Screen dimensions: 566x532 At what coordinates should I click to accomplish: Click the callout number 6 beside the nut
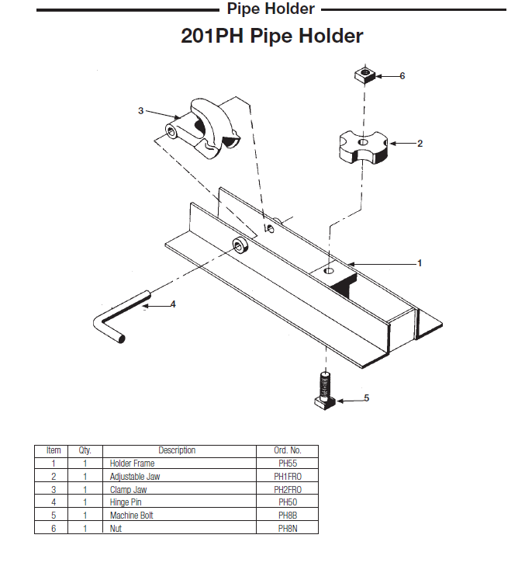(x=402, y=76)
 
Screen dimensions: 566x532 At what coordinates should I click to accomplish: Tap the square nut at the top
(x=364, y=75)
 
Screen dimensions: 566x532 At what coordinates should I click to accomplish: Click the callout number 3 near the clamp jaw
(x=141, y=111)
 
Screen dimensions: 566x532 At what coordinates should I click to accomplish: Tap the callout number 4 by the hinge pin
(x=173, y=304)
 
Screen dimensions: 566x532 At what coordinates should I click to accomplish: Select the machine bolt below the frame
(x=325, y=392)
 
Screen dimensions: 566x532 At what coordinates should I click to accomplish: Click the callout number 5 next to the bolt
(x=367, y=398)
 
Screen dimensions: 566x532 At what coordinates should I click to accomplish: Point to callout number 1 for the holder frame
(x=420, y=263)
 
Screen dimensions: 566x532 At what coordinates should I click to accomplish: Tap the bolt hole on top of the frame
(x=329, y=271)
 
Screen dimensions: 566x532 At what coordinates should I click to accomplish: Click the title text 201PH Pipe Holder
(x=271, y=36)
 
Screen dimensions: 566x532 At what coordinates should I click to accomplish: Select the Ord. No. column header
(x=288, y=450)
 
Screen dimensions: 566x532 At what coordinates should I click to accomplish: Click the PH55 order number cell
(x=288, y=464)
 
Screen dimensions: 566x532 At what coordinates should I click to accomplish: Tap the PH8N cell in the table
(x=288, y=528)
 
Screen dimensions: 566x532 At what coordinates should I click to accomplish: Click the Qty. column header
(x=85, y=450)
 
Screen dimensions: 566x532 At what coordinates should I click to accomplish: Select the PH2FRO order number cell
(x=288, y=489)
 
